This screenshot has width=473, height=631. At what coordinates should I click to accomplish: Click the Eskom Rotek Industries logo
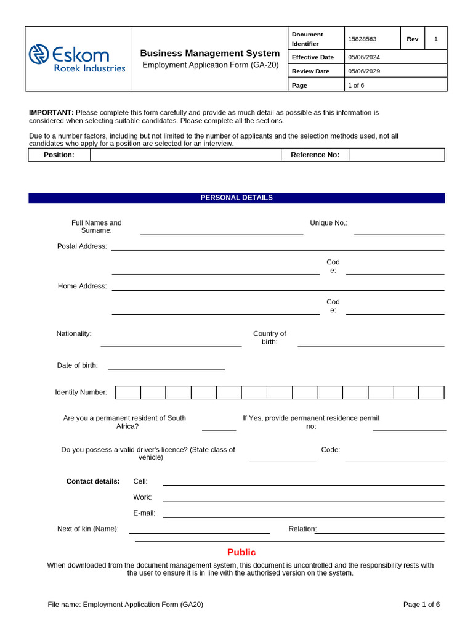coord(77,59)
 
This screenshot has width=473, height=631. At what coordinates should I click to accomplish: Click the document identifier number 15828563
coord(362,39)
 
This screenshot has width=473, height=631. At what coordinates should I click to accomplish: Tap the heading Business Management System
coord(210,54)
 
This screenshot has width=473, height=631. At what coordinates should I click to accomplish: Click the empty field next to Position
coord(185,155)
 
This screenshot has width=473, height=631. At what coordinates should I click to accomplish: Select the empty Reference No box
coord(396,155)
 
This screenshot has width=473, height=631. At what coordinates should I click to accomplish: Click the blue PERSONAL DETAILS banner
coord(236,198)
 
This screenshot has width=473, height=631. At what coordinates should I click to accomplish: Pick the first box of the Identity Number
coord(128,393)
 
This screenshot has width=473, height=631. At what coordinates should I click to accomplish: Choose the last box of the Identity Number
coord(431,393)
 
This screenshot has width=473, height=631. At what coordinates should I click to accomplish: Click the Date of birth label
coord(78,365)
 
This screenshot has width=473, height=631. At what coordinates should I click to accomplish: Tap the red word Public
coord(241,553)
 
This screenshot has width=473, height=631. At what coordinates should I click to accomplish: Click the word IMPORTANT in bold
coord(51,113)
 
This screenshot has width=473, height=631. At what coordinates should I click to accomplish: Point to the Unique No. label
coord(329,223)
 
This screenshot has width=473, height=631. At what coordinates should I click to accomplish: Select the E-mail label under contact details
coord(144,513)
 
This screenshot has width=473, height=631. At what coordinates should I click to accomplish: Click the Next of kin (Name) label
coord(89,529)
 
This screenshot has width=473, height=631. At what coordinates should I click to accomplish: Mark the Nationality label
coord(74,334)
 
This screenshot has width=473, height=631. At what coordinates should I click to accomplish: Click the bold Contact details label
coord(93,481)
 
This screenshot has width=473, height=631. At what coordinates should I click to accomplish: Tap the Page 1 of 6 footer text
coord(421,605)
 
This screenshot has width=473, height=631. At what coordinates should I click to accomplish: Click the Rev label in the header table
coord(413,39)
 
